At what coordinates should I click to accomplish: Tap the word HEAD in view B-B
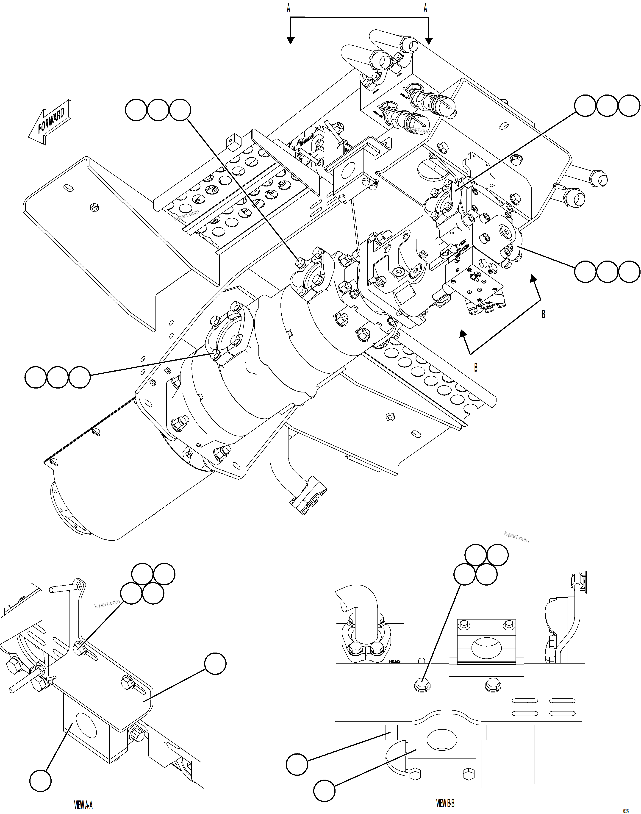point(394,662)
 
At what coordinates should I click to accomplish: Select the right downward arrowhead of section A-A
point(429,41)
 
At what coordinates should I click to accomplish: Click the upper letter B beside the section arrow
point(543,314)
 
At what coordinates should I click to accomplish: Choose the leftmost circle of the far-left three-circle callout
point(36,377)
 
